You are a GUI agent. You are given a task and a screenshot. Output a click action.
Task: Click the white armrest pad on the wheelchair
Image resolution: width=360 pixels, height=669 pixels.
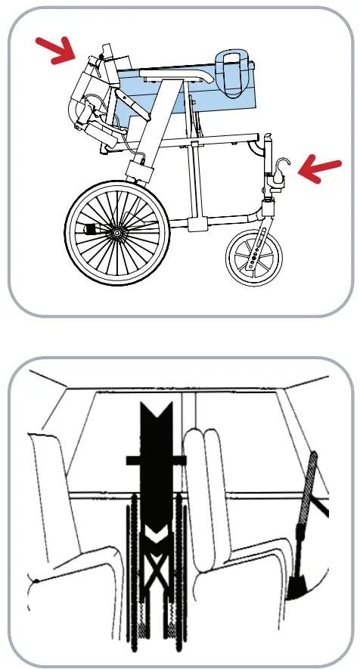pyautogui.click(x=178, y=74)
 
